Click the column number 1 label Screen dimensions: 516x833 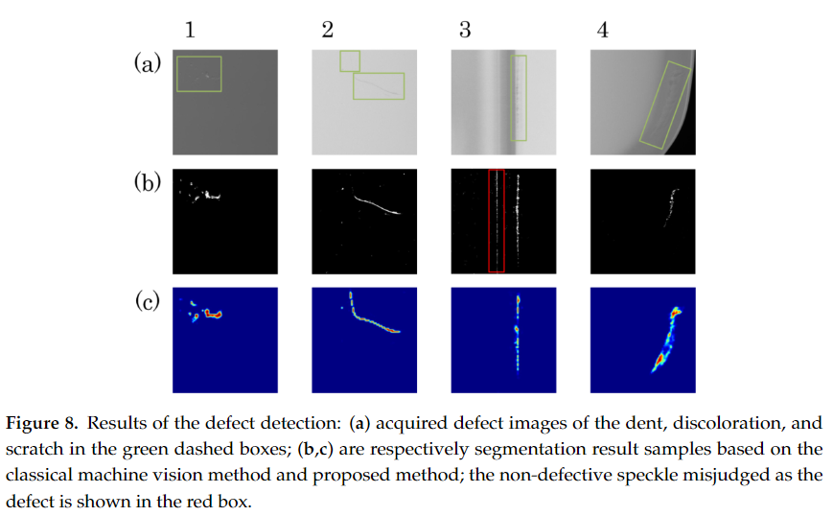tap(190, 30)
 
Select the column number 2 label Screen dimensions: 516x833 tap(328, 30)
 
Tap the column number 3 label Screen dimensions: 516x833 tap(465, 30)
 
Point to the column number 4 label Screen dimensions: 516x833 tap(602, 30)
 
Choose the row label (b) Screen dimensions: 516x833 tap(147, 182)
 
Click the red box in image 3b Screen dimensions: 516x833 tap(497, 221)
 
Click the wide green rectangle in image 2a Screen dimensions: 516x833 tap(379, 85)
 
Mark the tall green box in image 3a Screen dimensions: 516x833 tap(518, 98)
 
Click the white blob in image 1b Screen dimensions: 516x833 tap(208, 196)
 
